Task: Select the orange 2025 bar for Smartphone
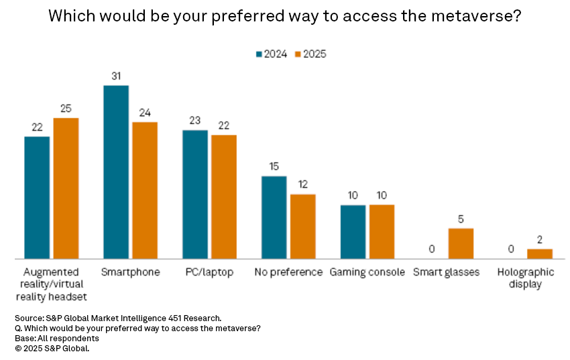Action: point(145,190)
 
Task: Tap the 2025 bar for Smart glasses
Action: point(461,243)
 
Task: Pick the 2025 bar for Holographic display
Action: point(540,254)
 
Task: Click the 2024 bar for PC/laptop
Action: point(195,194)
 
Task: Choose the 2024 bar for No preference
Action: point(274,217)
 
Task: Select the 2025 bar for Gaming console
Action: point(382,231)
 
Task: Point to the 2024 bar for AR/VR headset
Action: point(37,198)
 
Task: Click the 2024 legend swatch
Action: point(258,54)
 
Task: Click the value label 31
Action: point(116,76)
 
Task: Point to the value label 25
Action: point(66,108)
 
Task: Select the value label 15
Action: point(274,166)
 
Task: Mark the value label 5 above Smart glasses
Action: point(461,219)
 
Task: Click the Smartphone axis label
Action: point(130,272)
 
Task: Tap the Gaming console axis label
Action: point(367,272)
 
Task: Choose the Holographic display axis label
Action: point(526,278)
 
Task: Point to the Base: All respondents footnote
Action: point(56,338)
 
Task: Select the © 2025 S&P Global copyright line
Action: point(52,348)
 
